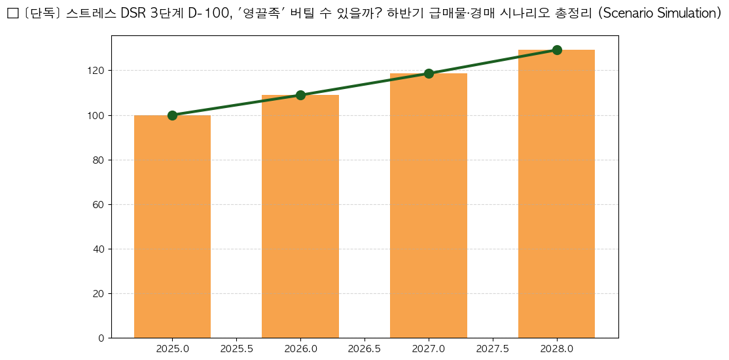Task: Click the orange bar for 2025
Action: [172, 226]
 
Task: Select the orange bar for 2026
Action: [300, 217]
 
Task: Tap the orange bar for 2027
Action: [429, 206]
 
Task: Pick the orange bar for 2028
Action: [556, 194]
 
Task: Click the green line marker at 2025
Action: [172, 115]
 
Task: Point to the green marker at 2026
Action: [300, 95]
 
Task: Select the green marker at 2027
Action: [429, 73]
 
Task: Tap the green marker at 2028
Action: [557, 50]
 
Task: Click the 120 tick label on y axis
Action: [96, 71]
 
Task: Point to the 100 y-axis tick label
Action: [96, 115]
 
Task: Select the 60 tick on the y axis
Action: [99, 204]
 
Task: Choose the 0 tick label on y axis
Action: [101, 338]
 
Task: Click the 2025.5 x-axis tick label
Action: [236, 350]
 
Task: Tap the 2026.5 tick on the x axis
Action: [364, 350]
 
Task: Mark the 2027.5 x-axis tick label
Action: [493, 350]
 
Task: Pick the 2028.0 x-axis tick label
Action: [557, 350]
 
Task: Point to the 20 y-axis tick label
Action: [99, 293]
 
